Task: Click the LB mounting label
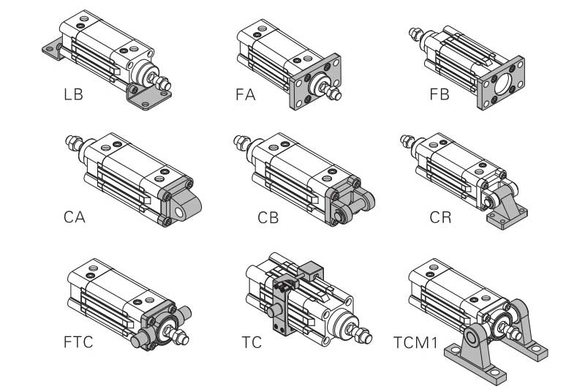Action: pos(73,94)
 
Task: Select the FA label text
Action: pos(245,94)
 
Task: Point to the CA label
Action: pos(74,217)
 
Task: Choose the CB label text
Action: pos(268,217)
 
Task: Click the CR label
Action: pos(441,217)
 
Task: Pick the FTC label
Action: pos(78,341)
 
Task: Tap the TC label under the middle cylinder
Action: pos(252,341)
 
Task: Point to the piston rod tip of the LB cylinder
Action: pos(167,81)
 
